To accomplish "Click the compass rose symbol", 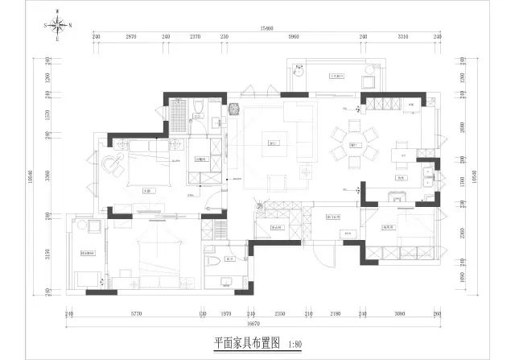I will (x=59, y=25).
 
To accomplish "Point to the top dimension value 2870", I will (x=132, y=37).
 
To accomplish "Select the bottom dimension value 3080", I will (x=399, y=313).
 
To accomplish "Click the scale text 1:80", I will (x=296, y=342).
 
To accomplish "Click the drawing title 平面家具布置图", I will (x=247, y=342).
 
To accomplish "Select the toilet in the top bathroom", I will (x=198, y=111).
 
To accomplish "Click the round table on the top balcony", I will (x=299, y=70).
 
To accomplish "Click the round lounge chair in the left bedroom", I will (x=109, y=163).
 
